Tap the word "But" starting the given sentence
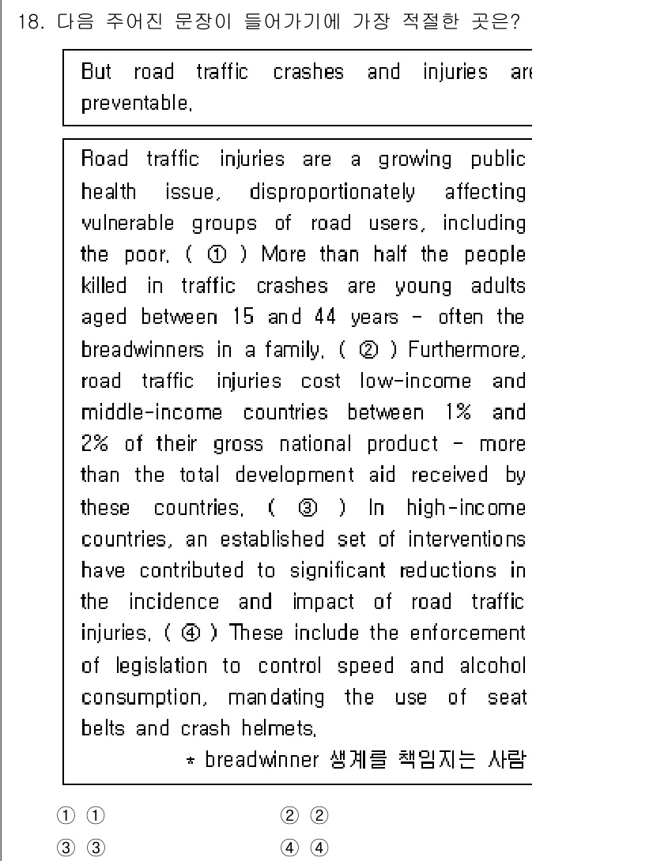click(96, 73)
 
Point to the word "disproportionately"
click(331, 191)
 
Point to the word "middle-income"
click(152, 412)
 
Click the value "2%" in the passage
click(97, 444)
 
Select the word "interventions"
click(466, 539)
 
